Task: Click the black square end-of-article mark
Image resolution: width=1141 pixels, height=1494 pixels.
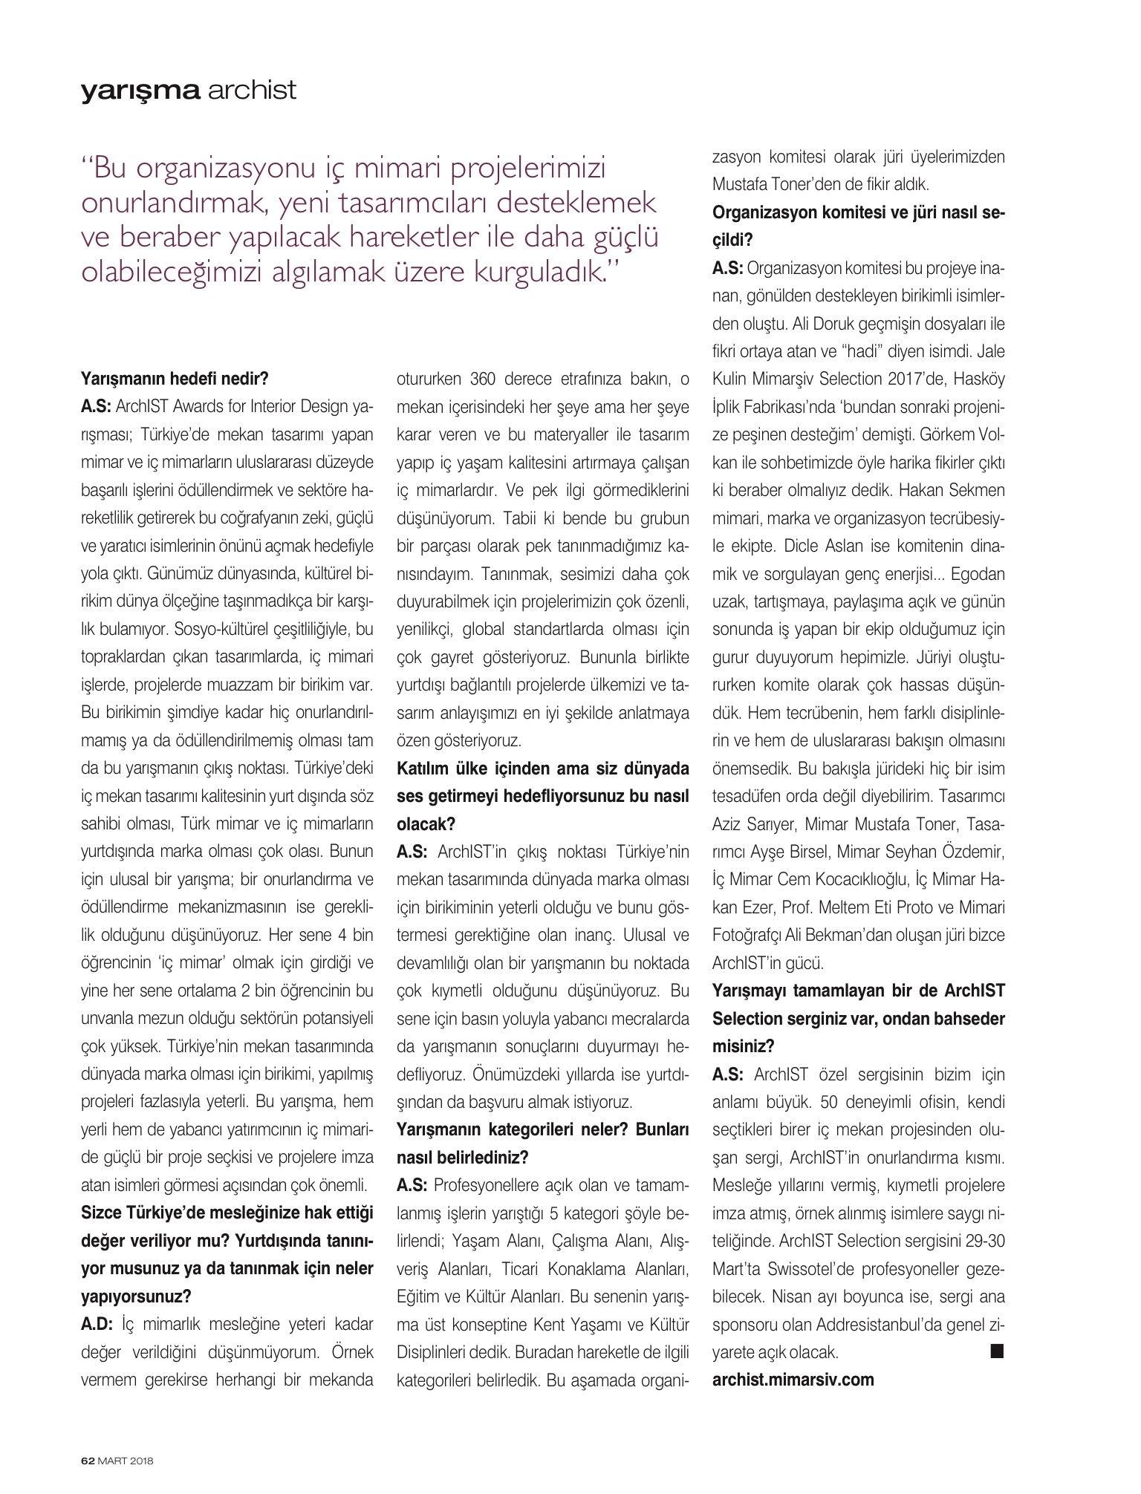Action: point(997,1349)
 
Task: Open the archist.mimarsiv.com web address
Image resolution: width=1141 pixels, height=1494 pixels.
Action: point(793,1379)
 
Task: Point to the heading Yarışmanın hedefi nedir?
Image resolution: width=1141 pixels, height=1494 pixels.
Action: point(174,379)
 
